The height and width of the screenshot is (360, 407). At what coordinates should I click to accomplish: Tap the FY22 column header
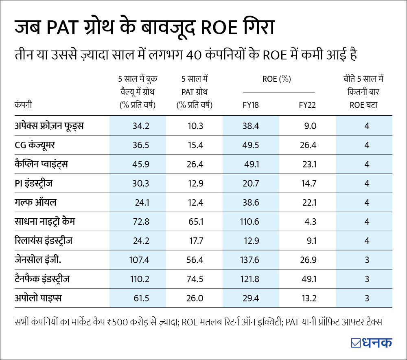tap(307, 105)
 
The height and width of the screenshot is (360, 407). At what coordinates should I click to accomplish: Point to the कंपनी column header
tap(23, 105)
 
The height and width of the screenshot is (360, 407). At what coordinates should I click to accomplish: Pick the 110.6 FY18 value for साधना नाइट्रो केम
tap(249, 222)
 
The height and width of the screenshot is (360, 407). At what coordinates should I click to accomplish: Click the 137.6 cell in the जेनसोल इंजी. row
tap(249, 260)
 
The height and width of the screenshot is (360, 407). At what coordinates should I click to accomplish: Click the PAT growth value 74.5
tap(195, 279)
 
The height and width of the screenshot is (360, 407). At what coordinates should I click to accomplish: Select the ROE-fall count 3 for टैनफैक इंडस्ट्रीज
tap(367, 279)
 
